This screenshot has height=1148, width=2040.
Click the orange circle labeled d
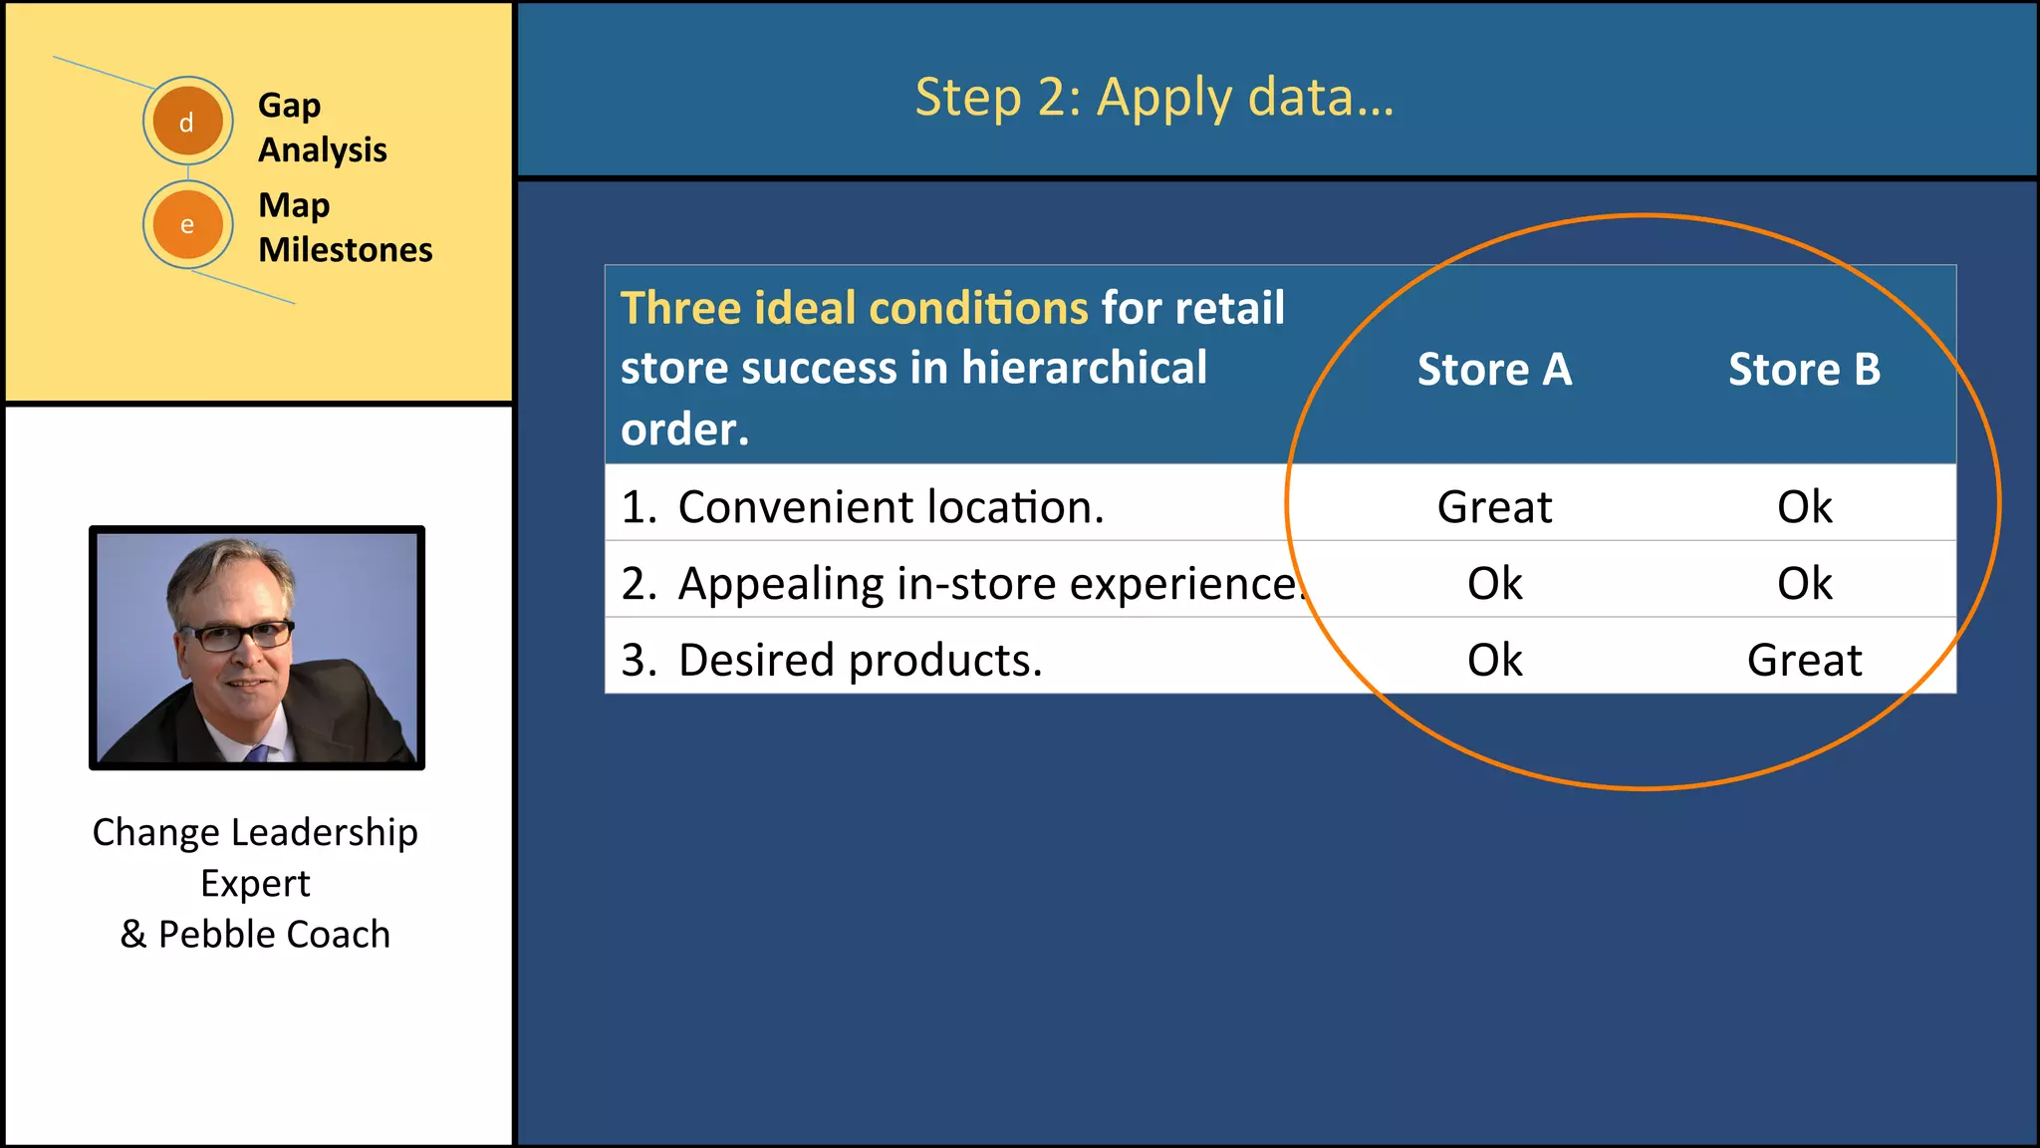tap(187, 122)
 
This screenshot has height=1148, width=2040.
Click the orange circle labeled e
tap(187, 224)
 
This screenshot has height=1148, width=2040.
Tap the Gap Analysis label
tap(321, 127)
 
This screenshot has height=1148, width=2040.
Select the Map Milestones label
tap(344, 226)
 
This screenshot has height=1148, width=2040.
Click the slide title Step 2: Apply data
tap(1153, 97)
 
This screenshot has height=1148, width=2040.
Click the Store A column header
tap(1494, 369)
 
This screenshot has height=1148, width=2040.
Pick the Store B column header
tap(1804, 369)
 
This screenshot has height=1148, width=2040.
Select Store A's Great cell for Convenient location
tap(1494, 506)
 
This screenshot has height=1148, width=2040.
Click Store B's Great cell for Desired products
tap(1804, 660)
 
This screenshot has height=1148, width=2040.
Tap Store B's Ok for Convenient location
tap(1804, 506)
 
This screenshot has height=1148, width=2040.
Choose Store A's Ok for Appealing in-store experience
tap(1494, 583)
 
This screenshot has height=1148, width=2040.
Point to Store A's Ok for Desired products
tap(1494, 660)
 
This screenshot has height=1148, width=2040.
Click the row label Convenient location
tap(890, 506)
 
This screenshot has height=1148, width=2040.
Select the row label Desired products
tap(859, 660)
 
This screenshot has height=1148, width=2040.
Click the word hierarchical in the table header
tap(1084, 368)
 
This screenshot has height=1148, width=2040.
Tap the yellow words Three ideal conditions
tap(854, 308)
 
